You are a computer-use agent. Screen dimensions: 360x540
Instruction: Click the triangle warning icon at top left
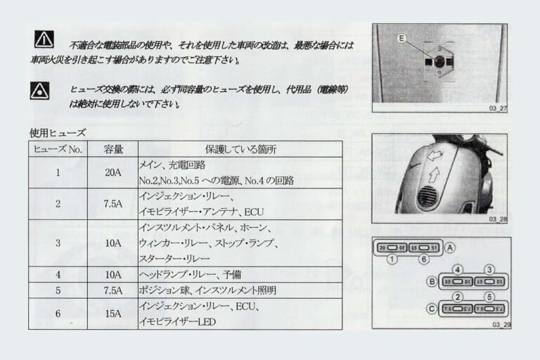[x=43, y=39]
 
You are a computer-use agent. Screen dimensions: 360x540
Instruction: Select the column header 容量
[x=113, y=149]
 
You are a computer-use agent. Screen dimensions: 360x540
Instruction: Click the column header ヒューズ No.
[x=58, y=149]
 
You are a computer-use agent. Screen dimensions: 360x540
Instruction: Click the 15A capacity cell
[x=113, y=314]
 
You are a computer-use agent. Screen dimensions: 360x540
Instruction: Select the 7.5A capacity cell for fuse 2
[x=113, y=204]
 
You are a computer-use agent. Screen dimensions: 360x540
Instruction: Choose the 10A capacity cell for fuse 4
[x=113, y=274]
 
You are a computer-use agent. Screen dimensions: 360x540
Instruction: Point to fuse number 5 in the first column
[x=58, y=290]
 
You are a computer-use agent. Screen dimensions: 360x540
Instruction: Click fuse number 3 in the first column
[x=58, y=243]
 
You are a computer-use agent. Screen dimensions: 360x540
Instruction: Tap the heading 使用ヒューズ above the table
[x=58, y=132]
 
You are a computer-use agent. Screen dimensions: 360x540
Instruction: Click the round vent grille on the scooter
[x=427, y=196]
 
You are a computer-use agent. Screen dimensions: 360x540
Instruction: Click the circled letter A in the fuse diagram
[x=450, y=247]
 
